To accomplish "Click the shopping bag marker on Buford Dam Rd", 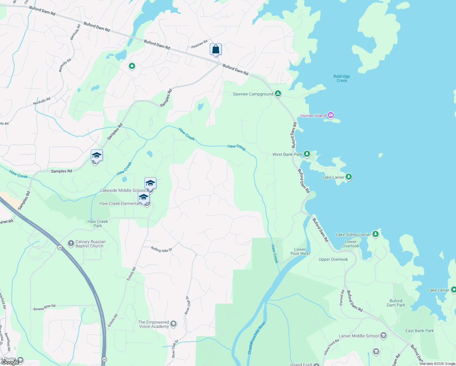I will [x=216, y=49].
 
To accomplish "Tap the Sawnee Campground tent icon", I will [x=278, y=94].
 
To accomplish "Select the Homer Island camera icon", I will [x=331, y=115].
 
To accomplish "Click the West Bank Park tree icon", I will [x=307, y=154].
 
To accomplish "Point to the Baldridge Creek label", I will [x=342, y=78].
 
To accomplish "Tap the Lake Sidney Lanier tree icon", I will [x=376, y=234].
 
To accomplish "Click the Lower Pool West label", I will [x=300, y=251].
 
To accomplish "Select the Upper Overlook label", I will [x=333, y=259].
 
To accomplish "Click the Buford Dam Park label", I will [x=396, y=303].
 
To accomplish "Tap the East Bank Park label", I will [x=419, y=331].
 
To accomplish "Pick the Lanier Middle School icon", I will [x=383, y=336].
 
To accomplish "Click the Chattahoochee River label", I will [x=257, y=338].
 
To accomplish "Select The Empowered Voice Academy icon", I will [x=173, y=324].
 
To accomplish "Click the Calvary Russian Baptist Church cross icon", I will [x=71, y=243].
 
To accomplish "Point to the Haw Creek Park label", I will [x=98, y=224].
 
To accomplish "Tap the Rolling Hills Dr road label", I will [x=162, y=249].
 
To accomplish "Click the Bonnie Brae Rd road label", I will [x=45, y=307].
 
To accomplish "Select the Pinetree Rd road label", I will [x=199, y=44].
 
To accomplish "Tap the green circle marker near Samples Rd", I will [x=132, y=66].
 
